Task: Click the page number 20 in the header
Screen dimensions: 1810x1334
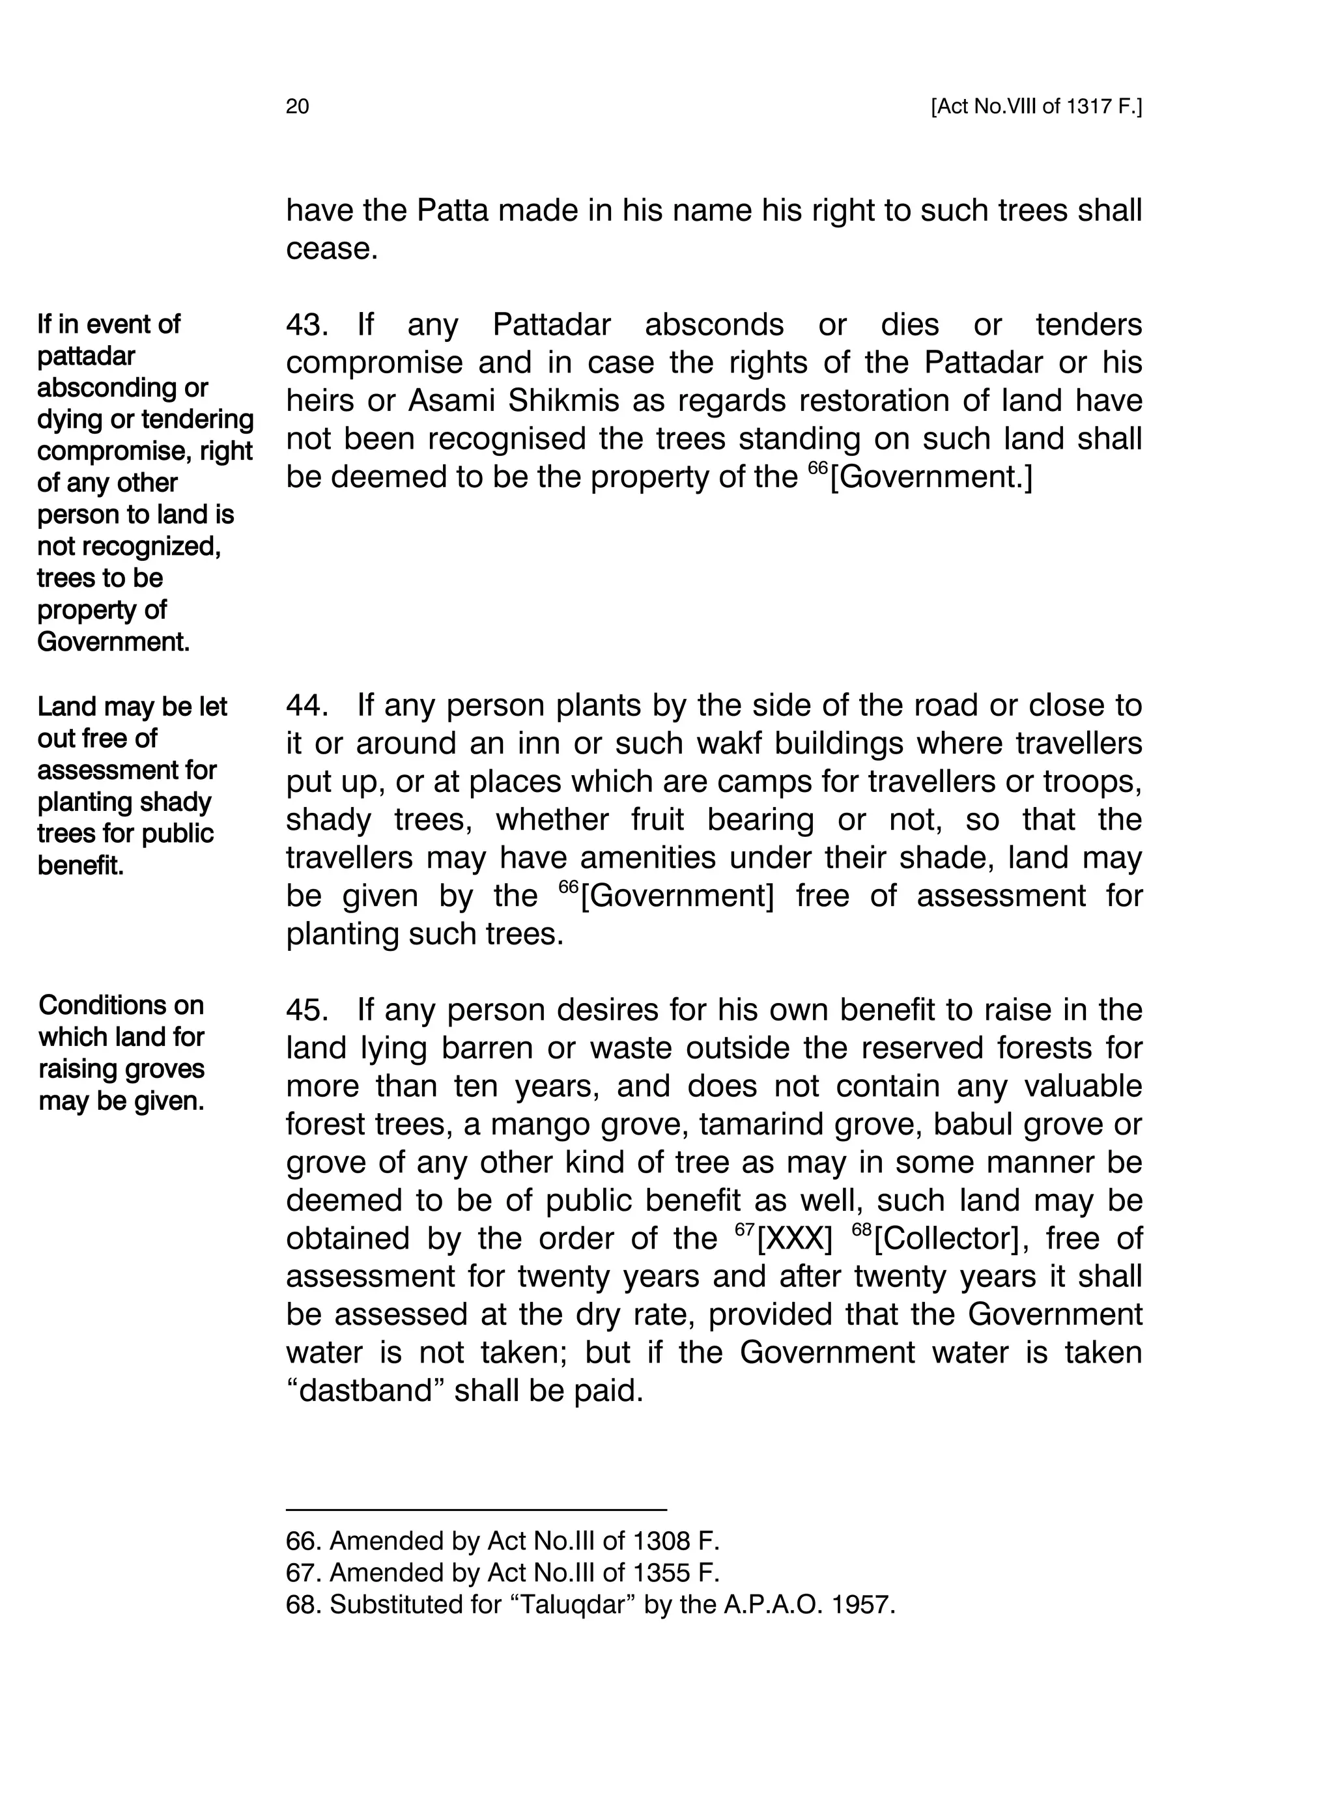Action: (x=297, y=107)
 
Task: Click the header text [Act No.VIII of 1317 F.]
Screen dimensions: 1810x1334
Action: (x=1036, y=107)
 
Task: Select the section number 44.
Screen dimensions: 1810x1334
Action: (x=306, y=705)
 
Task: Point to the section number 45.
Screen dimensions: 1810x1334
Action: (x=306, y=1010)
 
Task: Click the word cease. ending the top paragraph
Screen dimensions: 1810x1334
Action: (x=332, y=249)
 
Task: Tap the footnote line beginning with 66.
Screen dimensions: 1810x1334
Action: (x=502, y=1541)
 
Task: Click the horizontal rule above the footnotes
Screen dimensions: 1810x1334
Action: (x=476, y=1509)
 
